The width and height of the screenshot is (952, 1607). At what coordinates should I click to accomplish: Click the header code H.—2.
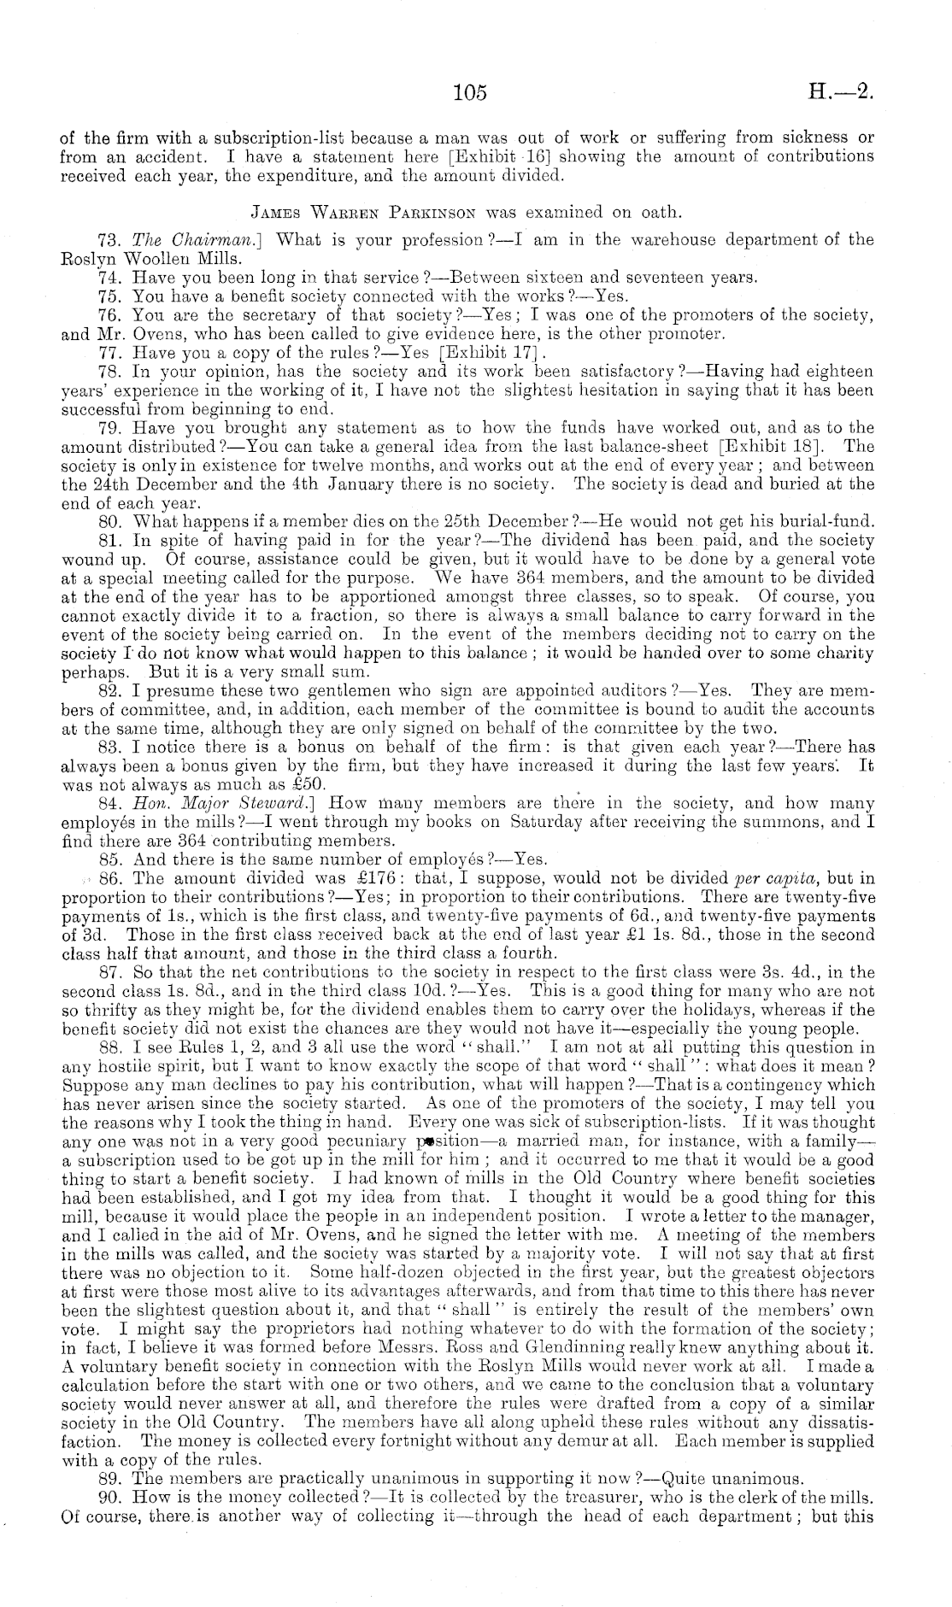[840, 92]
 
